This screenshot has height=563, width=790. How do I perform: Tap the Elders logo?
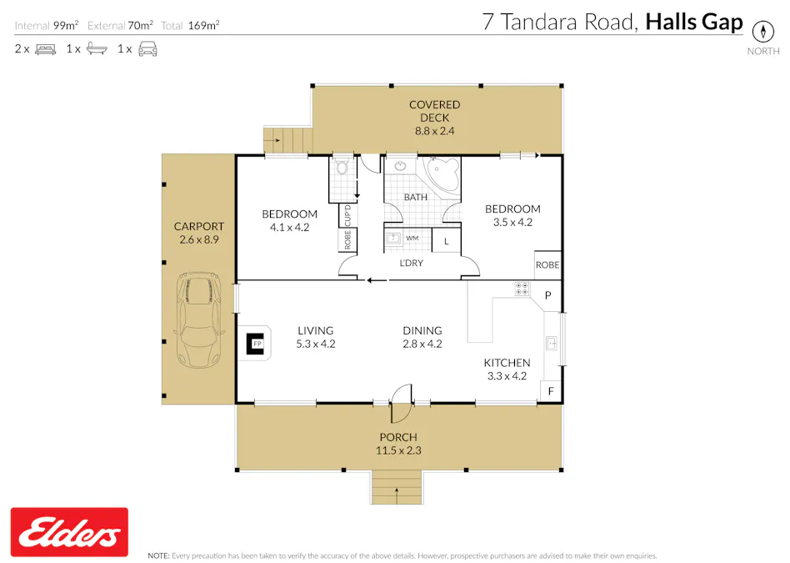tap(69, 532)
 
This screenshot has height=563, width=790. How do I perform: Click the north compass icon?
tap(762, 32)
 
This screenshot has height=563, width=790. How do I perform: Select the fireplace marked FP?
tap(257, 343)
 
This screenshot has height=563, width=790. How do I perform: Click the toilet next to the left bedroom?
tap(342, 169)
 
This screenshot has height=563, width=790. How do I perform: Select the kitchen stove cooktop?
tap(522, 289)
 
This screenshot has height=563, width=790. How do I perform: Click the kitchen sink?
tap(552, 343)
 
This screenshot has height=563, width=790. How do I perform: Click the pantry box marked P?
tap(548, 295)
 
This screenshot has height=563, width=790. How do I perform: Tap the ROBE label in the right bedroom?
tap(547, 265)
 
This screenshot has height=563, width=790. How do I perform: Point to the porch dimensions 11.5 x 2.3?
tap(398, 450)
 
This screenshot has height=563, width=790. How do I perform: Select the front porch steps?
tap(397, 486)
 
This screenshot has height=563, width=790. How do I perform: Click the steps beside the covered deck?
tap(286, 140)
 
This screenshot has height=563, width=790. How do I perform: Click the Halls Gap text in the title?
tap(693, 23)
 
